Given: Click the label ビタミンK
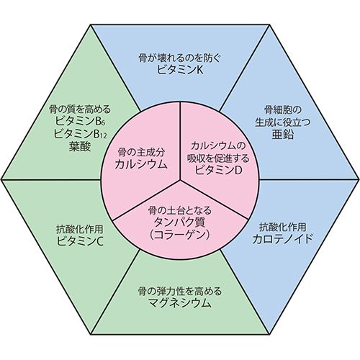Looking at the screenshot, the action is pos(180,70).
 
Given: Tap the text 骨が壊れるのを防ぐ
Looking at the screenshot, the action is pos(179,58).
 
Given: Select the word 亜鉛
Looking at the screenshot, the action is pos(283,135).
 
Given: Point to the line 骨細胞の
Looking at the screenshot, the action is pos(282,110).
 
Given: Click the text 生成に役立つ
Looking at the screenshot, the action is pos(282,122).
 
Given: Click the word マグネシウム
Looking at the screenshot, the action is pos(180,303).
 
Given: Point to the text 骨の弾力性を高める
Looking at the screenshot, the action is pos(180,292).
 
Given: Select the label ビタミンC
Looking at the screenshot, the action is pos(80,241).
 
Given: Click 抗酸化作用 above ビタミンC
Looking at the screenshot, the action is pos(80,229).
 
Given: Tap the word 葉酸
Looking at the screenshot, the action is pos(80,146).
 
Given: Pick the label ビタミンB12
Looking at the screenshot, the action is pos(80,134).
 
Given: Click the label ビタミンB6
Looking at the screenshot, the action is pos(80,122).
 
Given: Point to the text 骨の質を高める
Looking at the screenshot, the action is pos(80,109).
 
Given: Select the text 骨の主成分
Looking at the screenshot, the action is pos(141,152).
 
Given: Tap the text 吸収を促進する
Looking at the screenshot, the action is pos(218,158).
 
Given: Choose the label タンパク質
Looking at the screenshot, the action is pos(180,222).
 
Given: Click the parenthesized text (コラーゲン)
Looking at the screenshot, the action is pos(180,234).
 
